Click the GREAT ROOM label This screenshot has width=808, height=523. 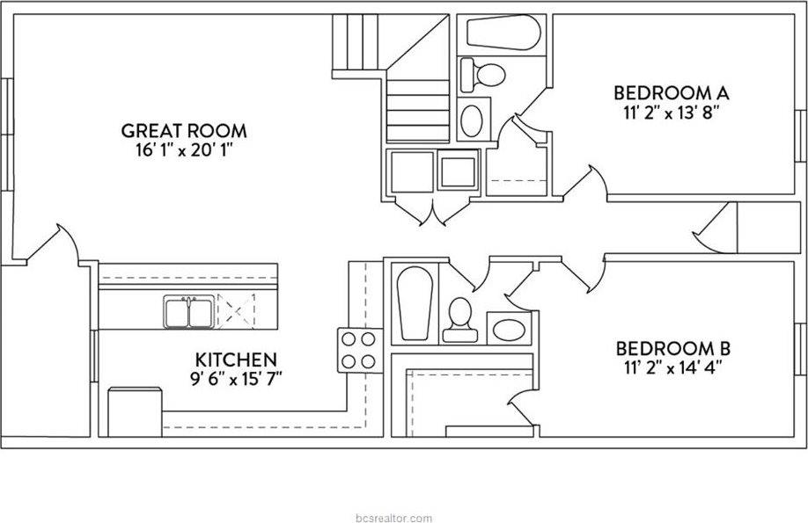pyautogui.click(x=183, y=131)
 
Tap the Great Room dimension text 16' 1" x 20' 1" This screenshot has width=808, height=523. pyautogui.click(x=183, y=149)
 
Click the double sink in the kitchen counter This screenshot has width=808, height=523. pyautogui.click(x=187, y=312)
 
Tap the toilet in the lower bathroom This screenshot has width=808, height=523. pyautogui.click(x=459, y=320)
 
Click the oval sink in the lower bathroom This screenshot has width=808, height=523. pyautogui.click(x=509, y=331)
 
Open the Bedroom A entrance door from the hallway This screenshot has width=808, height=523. pyautogui.click(x=588, y=185)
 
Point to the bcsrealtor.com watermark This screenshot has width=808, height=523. pyautogui.click(x=396, y=517)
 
